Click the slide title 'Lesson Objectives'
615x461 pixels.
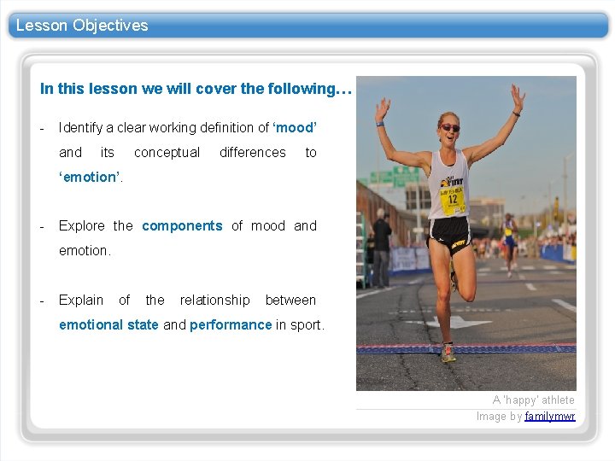click(82, 26)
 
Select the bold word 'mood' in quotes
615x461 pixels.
click(295, 128)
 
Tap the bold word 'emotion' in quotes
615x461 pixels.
click(91, 177)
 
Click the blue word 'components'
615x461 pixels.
click(182, 226)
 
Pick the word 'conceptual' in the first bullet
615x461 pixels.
click(167, 153)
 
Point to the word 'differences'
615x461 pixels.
click(253, 153)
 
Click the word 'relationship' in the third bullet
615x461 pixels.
click(214, 301)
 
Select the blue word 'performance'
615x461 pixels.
click(231, 325)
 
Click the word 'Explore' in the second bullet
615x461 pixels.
click(82, 226)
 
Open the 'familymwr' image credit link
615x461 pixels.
click(550, 417)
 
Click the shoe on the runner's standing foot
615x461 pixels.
click(447, 353)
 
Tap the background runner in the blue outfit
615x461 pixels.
click(510, 239)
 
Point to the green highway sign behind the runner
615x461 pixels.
click(385, 178)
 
